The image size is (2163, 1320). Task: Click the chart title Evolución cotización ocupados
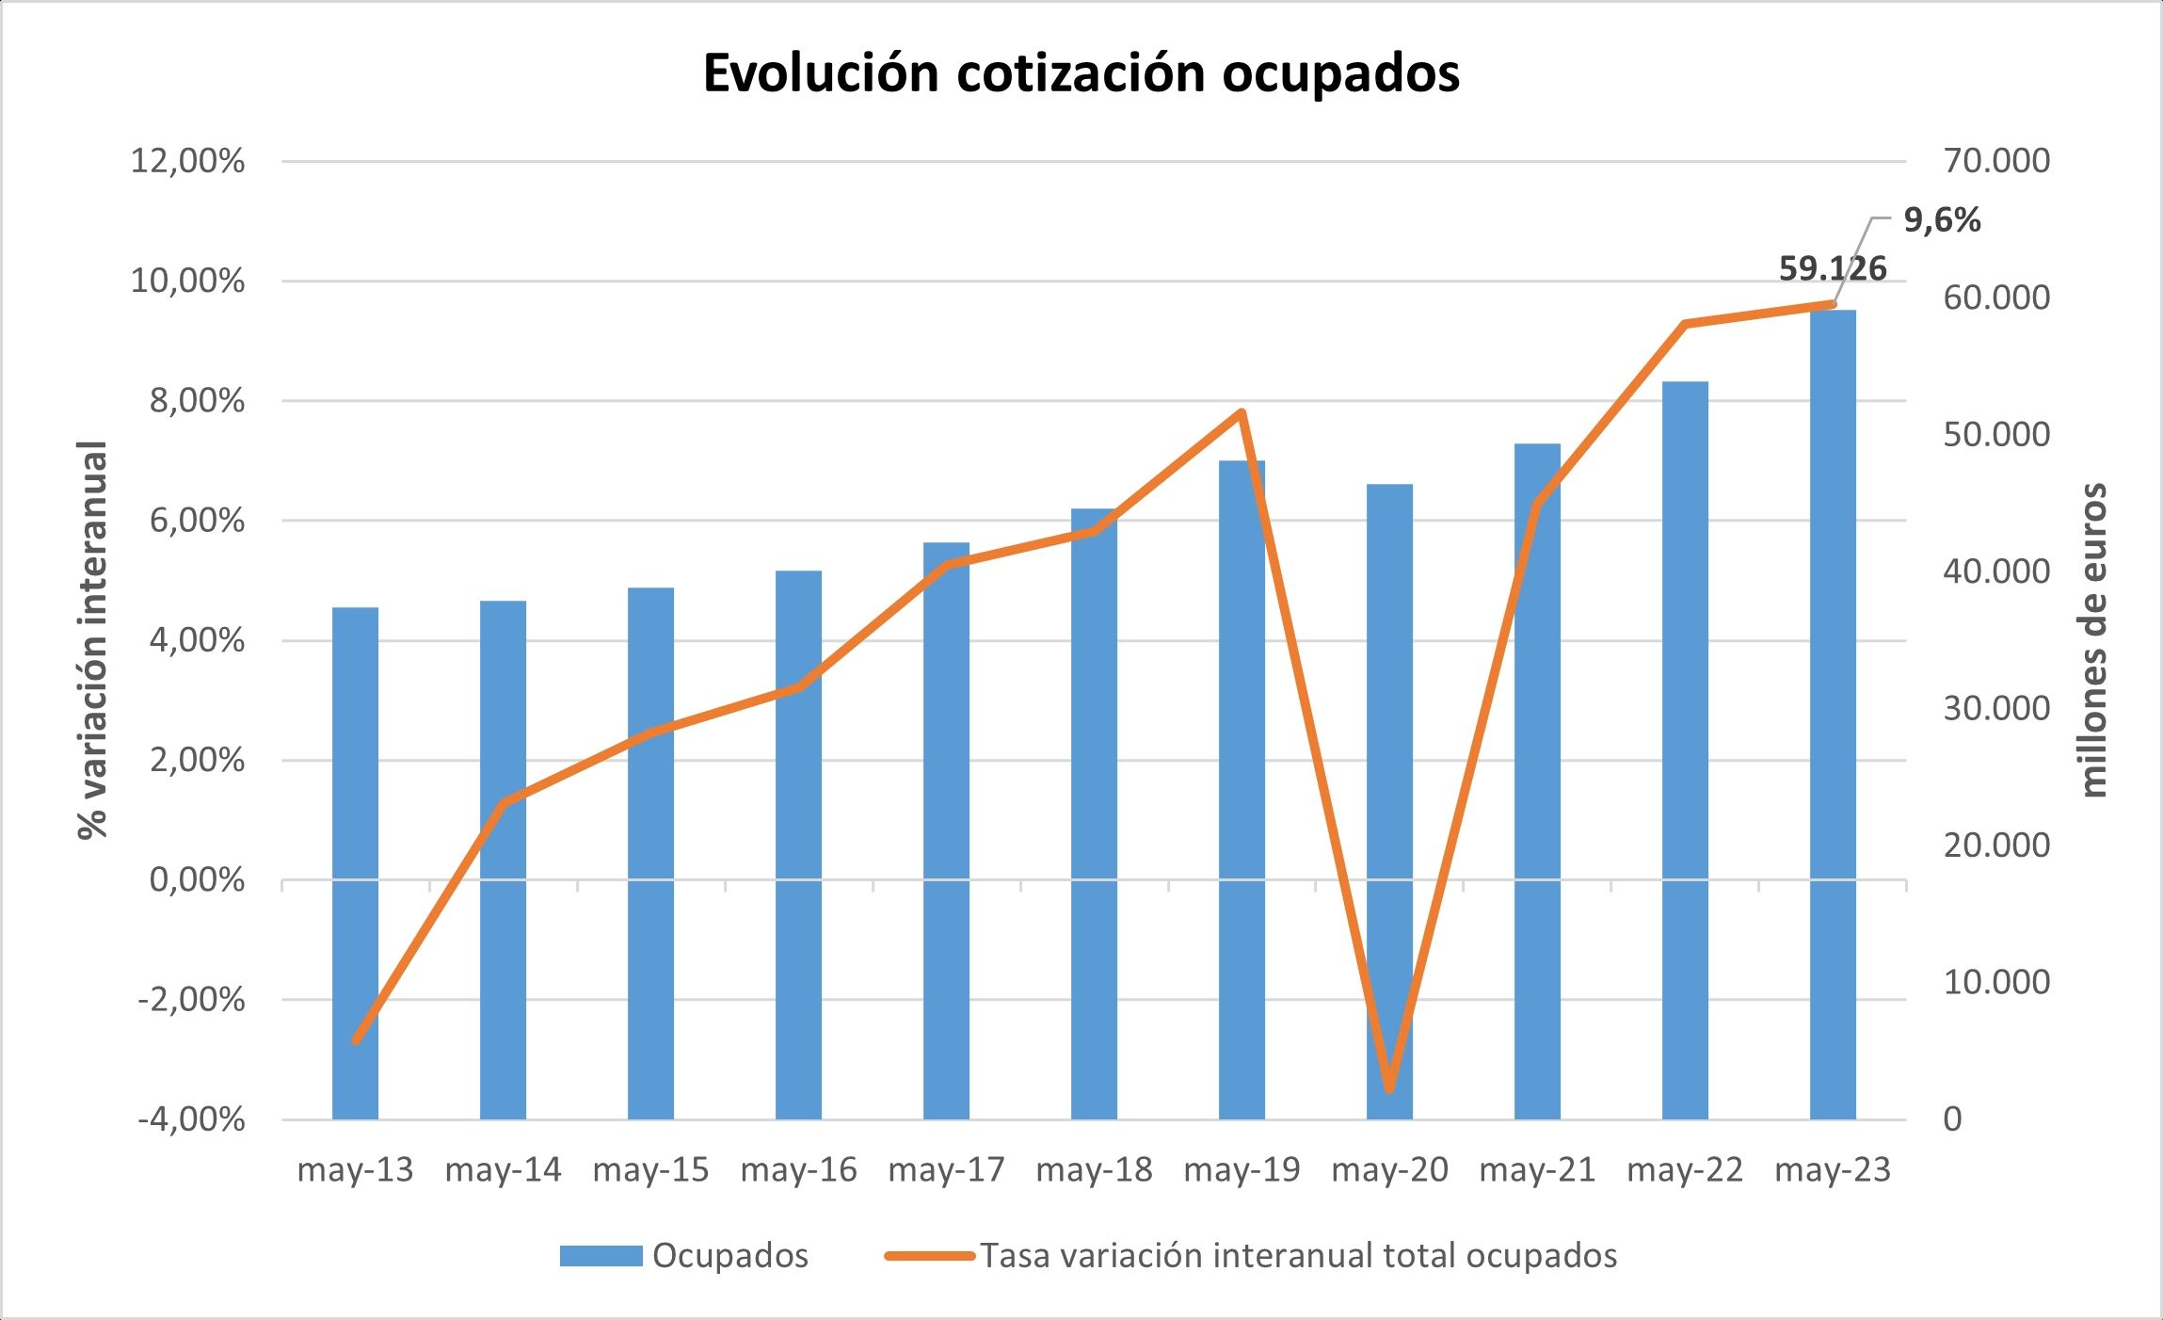1081,73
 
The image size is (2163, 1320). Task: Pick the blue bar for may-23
1833,716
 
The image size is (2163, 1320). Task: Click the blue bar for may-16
798,847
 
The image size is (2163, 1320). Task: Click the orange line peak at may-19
1242,412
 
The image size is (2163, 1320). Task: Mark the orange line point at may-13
356,1040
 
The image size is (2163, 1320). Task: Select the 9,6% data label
1942,220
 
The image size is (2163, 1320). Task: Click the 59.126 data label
1832,269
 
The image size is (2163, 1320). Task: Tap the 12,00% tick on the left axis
187,161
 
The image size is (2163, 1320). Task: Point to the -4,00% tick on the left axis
191,1119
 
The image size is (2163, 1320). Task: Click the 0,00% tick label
197,880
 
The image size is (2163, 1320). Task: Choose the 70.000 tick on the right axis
1995,161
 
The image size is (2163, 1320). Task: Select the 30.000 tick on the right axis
1995,709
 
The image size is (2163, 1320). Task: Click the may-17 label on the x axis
946,1170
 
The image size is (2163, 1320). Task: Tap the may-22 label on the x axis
1685,1170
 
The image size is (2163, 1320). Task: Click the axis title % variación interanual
93,640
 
